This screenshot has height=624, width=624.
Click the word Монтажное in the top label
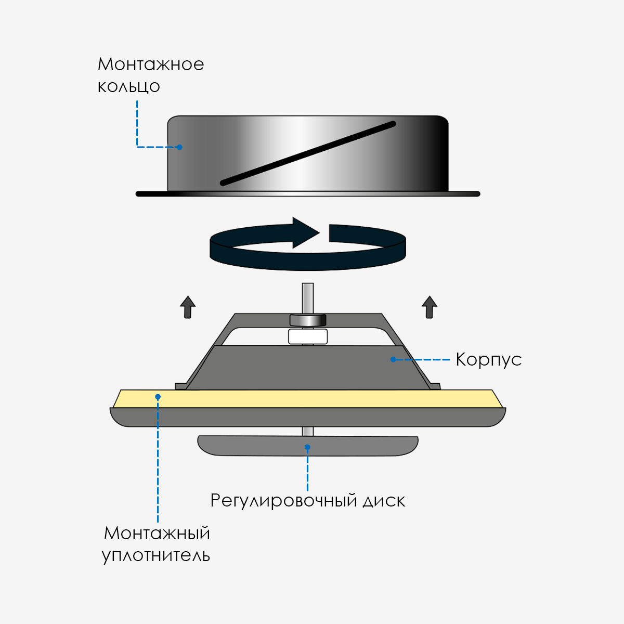click(x=151, y=64)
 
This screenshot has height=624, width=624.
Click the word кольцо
click(x=129, y=87)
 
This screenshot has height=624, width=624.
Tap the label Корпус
click(x=489, y=359)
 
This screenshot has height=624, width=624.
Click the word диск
click(x=384, y=501)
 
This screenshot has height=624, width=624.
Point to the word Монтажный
click(x=157, y=533)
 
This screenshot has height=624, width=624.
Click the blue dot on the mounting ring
click(x=180, y=147)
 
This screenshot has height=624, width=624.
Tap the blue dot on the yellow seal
click(x=158, y=397)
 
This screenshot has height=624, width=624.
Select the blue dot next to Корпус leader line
click(x=393, y=359)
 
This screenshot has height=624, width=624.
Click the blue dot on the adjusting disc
click(x=308, y=447)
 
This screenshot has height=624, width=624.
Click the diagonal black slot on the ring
click(x=308, y=153)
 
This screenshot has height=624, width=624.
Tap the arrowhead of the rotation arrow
click(x=306, y=233)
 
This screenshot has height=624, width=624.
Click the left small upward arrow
click(x=188, y=307)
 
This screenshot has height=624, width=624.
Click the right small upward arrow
click(x=430, y=307)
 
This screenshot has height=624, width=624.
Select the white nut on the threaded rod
click(x=308, y=336)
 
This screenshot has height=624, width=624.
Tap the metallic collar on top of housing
click(x=308, y=320)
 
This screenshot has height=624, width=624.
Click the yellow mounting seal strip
click(x=308, y=399)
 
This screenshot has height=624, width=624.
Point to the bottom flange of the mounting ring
click(x=308, y=194)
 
